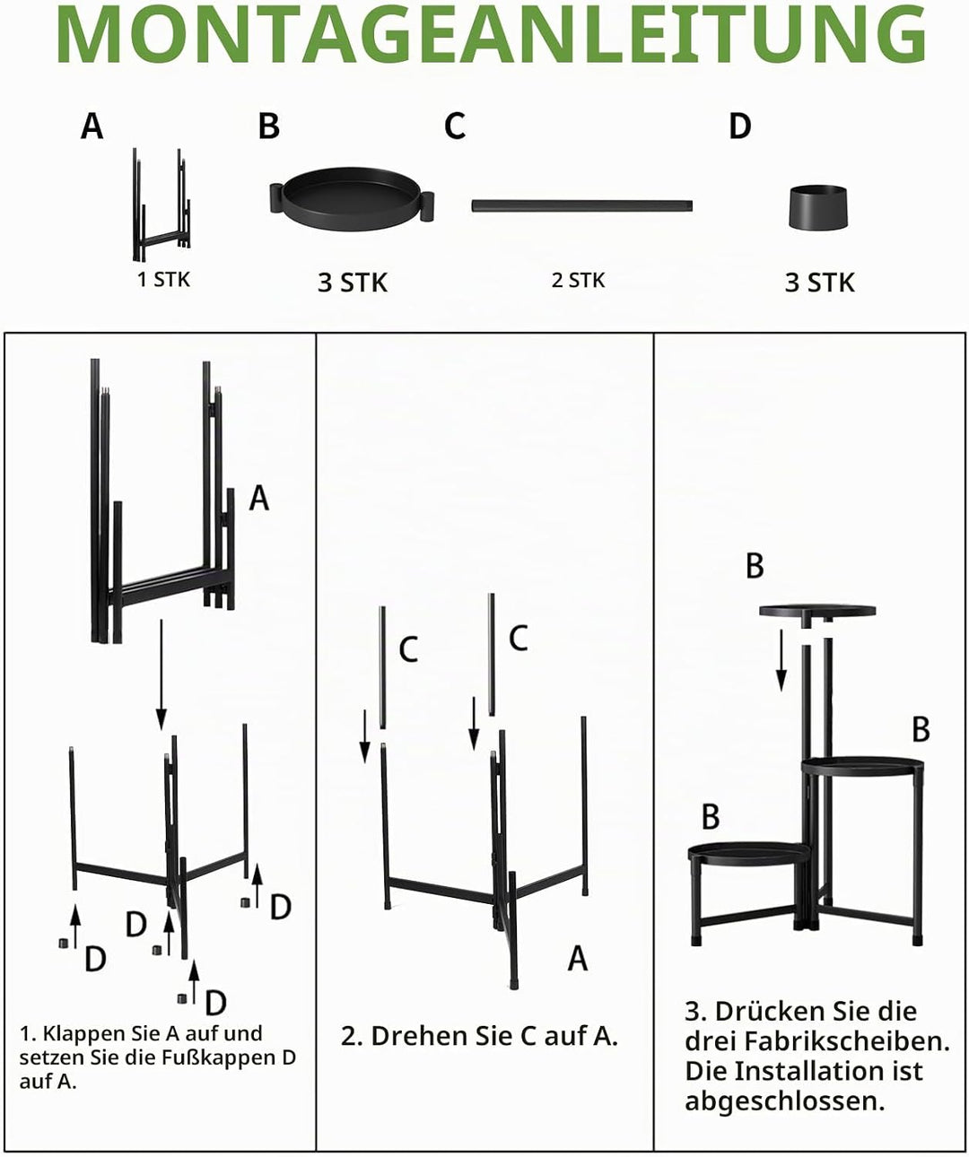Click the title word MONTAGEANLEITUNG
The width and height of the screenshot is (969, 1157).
coord(491,36)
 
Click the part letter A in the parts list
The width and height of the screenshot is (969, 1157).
coord(92,126)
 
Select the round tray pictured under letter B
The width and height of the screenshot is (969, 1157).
coord(352,198)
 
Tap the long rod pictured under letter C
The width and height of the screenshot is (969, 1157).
coord(581,205)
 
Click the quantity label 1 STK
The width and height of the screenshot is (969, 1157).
coord(163,280)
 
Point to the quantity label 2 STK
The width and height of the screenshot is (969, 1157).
coord(578,281)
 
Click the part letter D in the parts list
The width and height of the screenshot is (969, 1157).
coord(740,126)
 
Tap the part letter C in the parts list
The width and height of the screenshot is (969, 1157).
coord(455,126)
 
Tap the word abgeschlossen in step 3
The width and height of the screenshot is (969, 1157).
coord(784,1101)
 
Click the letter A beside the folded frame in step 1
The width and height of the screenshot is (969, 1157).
coord(259,498)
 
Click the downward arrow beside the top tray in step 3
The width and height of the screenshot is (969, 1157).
coord(781,660)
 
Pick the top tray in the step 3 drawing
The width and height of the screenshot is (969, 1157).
coord(817,613)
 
